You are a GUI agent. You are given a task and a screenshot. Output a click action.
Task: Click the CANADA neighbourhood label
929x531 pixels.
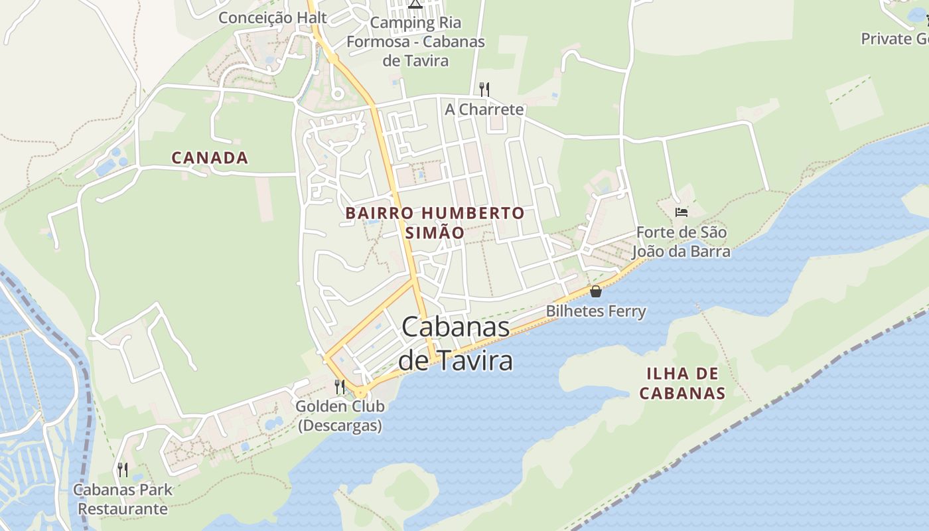210,158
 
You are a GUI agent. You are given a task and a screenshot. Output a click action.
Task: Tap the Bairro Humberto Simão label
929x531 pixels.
435,222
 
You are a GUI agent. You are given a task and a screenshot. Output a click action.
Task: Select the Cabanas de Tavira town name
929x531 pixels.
456,343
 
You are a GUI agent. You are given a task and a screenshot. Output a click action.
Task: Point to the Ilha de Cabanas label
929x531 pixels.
682,383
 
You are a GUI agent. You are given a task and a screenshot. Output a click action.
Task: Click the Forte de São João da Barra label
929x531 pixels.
681,242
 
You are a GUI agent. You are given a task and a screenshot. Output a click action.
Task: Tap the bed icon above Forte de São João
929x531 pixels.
681,212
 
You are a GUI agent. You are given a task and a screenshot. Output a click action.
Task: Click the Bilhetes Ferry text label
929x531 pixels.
596,311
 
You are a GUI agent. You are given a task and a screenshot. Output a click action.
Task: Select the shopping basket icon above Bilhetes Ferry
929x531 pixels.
596,291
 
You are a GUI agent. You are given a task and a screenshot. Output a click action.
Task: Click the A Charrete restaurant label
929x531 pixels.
484,110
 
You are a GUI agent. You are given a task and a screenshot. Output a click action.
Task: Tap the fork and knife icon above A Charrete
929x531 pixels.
484,89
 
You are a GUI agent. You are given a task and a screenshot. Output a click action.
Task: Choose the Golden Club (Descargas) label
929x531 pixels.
340,416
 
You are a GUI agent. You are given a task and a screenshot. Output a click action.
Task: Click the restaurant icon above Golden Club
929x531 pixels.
340,386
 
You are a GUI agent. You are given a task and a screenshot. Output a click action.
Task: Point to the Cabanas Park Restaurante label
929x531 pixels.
123,499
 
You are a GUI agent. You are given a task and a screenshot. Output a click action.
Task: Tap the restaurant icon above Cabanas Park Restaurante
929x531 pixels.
123,470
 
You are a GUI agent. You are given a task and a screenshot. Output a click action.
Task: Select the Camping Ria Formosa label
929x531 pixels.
416,41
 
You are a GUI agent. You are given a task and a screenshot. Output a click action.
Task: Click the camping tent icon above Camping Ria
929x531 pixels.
415,4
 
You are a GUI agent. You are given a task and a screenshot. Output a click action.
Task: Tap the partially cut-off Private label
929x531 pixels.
894,38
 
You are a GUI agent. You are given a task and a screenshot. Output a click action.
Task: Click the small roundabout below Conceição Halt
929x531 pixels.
337,94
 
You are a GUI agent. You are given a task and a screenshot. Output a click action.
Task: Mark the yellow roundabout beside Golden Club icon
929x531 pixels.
360,393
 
